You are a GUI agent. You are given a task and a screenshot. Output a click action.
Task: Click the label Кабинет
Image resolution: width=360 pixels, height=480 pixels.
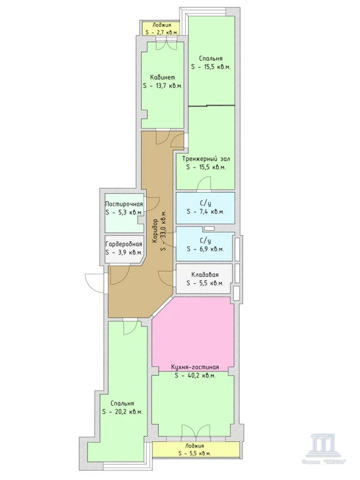162,77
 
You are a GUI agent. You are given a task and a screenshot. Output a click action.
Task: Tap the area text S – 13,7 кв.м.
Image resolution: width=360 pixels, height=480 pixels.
162,87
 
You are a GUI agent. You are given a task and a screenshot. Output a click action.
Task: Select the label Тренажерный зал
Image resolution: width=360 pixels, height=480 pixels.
206,158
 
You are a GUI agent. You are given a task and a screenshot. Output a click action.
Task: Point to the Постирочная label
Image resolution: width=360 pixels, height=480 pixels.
124,204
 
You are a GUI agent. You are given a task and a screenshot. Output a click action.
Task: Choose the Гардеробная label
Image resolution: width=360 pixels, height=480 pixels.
124,244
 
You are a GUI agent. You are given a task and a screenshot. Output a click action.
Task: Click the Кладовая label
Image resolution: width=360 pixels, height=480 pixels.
205,274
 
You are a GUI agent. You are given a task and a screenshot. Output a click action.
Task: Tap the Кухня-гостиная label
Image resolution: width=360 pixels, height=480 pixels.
194,367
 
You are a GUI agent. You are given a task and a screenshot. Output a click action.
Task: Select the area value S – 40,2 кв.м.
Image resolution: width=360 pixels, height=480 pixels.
194,376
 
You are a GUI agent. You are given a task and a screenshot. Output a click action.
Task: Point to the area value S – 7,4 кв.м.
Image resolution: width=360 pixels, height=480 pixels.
205,212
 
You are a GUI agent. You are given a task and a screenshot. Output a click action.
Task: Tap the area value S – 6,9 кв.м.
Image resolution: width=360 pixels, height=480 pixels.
205,248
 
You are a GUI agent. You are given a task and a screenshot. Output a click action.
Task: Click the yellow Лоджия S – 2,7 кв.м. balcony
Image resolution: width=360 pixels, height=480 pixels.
161,28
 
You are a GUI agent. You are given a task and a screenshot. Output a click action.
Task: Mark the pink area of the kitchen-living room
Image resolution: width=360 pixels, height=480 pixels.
194,331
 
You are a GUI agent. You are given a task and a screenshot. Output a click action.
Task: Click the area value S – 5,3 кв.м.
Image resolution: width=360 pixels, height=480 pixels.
124,212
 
